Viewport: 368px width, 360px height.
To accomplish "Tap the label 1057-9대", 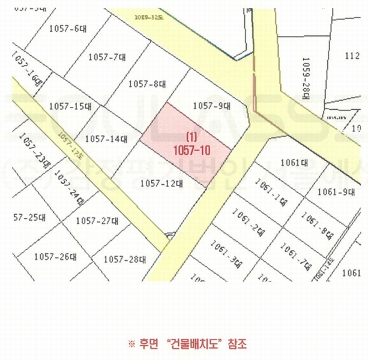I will tap(212, 106).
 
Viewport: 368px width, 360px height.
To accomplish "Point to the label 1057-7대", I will tap(106, 58).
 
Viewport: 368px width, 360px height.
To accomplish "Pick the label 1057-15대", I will tap(70, 106).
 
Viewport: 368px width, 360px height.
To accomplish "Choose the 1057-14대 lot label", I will tap(106, 139).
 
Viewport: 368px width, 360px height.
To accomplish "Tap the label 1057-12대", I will tap(160, 184).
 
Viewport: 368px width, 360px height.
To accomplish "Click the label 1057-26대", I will tap(55, 257).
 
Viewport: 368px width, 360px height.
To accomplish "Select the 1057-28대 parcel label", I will tap(125, 260).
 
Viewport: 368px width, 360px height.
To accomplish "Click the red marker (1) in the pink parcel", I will tap(192, 136).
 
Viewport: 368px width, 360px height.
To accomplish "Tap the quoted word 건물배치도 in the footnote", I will tap(198, 344).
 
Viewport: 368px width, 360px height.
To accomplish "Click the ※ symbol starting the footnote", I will tap(132, 344).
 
